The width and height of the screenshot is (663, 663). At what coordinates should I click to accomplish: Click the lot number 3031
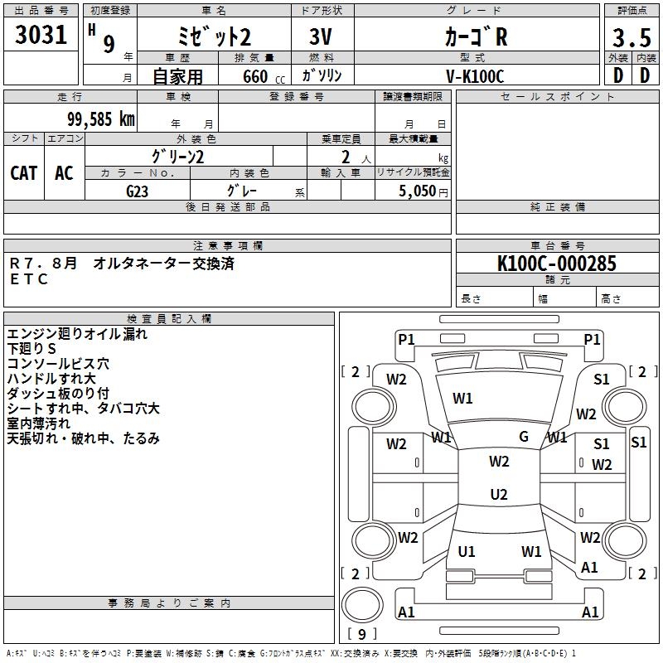pos(41,35)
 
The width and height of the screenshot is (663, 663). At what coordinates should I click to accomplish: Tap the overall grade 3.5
pos(632,37)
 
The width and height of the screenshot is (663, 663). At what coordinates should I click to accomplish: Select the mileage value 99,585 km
pos(100,119)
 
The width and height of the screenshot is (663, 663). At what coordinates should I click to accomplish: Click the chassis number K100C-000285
pos(557,264)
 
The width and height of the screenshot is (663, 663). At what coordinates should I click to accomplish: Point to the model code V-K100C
pos(475,76)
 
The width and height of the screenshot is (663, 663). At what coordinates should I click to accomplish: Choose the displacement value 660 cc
pos(264,77)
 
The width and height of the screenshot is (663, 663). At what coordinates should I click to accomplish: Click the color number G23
pos(137,191)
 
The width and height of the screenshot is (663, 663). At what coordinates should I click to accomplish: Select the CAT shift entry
pos(24,173)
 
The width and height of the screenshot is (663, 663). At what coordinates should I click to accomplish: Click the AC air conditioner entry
pos(64,173)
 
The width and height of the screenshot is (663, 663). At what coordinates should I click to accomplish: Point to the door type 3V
pos(321,36)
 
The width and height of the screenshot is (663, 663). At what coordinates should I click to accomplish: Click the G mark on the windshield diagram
pos(524,437)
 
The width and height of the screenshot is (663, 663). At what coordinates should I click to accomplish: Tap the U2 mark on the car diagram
pos(499,494)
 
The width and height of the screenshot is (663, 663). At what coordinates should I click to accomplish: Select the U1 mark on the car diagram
pos(467,551)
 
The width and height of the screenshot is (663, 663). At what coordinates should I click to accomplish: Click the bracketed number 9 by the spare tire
pos(362,634)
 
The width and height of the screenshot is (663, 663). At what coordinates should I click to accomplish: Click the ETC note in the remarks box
pos(28,279)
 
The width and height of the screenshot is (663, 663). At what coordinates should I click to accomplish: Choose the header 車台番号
pos(558,245)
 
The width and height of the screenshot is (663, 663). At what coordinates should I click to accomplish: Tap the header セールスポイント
pos(557,96)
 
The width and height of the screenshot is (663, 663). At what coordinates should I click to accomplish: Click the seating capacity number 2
pos(346,157)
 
